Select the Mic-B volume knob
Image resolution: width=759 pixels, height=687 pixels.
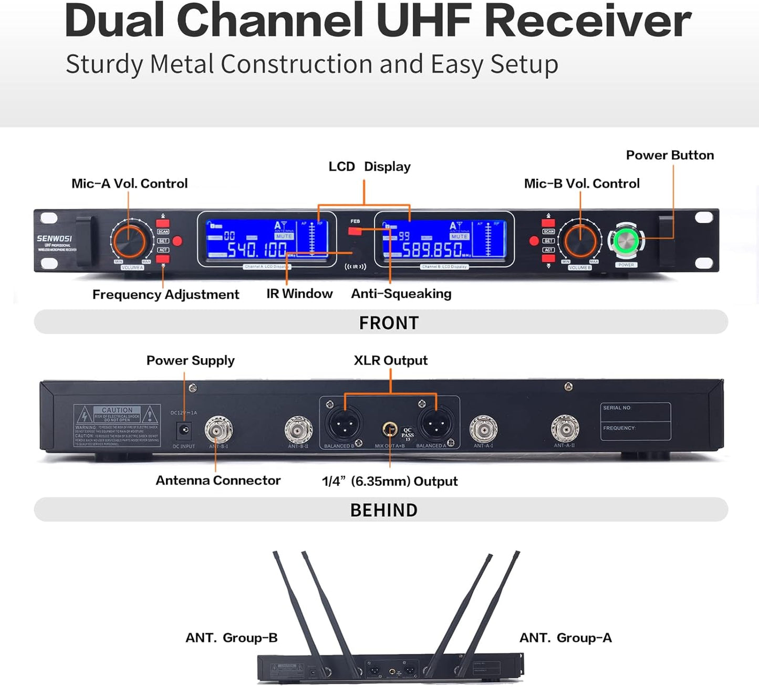[x=580, y=241]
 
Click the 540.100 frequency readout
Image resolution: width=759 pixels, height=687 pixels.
[x=256, y=249]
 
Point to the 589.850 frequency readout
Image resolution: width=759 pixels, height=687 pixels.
[x=432, y=249]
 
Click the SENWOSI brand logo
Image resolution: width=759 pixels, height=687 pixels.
[x=54, y=238]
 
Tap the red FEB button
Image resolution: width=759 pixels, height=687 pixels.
[x=355, y=230]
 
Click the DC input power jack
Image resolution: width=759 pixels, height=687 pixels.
[x=184, y=431]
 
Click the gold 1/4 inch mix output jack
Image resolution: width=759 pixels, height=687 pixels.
[x=390, y=430]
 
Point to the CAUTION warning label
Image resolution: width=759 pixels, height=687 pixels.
[x=117, y=425]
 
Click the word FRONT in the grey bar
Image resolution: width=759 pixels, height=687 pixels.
[x=389, y=322]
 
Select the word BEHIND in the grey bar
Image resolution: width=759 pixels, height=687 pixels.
[x=383, y=510]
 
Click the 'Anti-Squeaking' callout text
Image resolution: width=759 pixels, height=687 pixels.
[x=401, y=294]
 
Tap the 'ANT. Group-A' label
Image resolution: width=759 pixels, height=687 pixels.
[x=565, y=638]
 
